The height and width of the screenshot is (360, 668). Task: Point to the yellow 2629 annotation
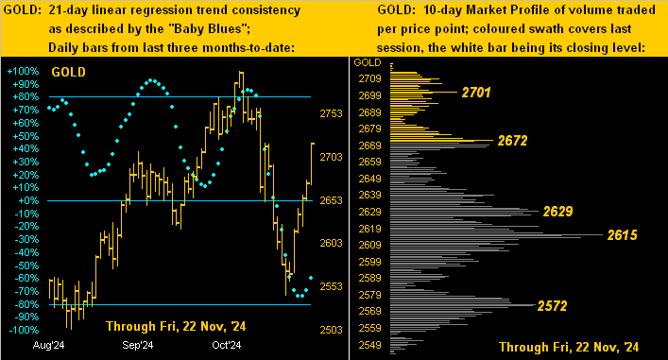[557, 212]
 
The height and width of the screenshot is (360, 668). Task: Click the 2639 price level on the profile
[369, 195]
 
